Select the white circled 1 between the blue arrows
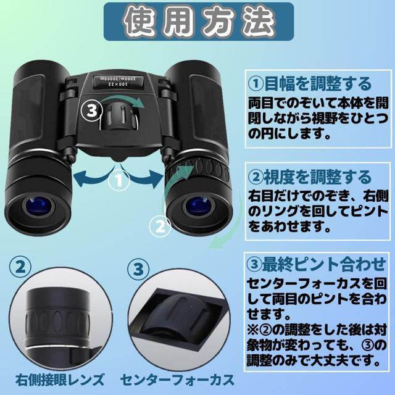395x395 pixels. click(118, 180)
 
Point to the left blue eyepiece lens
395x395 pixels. click(38, 207)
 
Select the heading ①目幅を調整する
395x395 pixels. click(310, 83)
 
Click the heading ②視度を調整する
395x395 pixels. click(310, 177)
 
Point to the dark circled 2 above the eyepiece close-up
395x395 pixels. click(20, 267)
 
